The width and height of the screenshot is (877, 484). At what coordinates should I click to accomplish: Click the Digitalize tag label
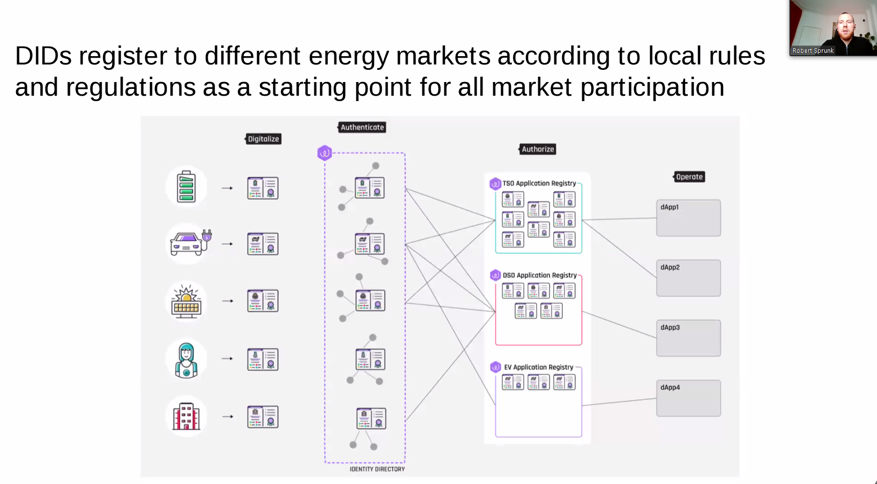[263, 139]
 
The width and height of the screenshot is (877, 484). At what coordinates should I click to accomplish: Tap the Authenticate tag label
[362, 127]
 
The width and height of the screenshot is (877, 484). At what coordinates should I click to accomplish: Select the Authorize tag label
[537, 149]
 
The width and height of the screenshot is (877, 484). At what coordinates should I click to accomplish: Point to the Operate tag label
[689, 177]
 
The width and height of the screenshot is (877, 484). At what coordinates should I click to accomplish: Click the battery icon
[186, 187]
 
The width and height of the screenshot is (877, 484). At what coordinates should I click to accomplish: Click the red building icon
[186, 417]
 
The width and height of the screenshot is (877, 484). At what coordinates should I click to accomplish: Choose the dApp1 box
[688, 218]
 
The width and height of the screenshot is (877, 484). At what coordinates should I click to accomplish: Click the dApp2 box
[688, 278]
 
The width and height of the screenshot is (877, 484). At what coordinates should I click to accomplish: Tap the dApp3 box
[688, 338]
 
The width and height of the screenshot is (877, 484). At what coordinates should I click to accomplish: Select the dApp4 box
[688, 398]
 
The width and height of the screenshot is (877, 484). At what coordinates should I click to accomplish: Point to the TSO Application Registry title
[539, 184]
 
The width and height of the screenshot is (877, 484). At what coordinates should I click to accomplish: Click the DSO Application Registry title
[540, 275]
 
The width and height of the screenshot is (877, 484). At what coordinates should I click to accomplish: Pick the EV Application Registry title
[539, 367]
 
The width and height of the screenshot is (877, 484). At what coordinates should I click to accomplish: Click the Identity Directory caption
[377, 469]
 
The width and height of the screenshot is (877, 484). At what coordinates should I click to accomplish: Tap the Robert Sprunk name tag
[813, 51]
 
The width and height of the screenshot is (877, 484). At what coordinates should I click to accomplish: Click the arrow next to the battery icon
[227, 188]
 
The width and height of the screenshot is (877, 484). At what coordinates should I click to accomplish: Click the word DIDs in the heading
[44, 56]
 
